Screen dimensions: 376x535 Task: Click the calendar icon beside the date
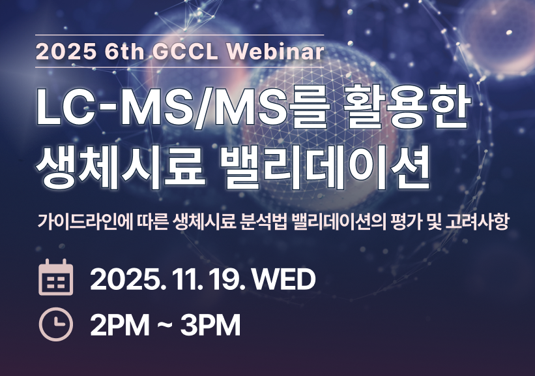click(x=56, y=279)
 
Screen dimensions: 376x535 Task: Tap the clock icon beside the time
click(x=56, y=324)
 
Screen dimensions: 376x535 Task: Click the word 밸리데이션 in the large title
click(x=340, y=162)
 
